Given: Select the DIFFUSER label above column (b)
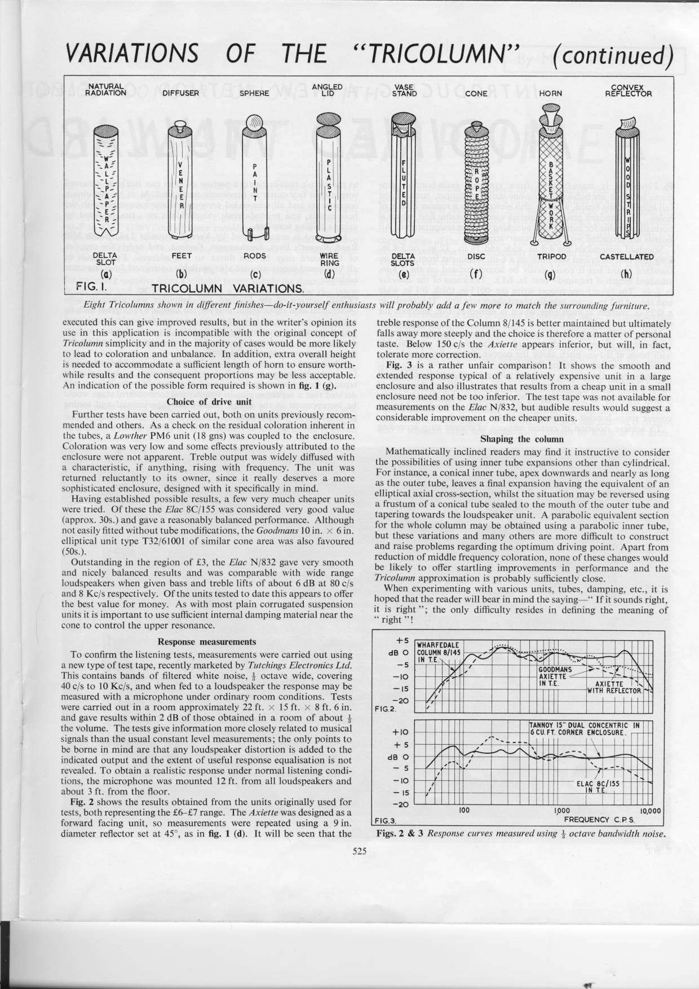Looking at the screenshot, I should (x=181, y=94).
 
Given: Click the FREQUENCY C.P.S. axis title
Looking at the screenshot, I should (x=600, y=820).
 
